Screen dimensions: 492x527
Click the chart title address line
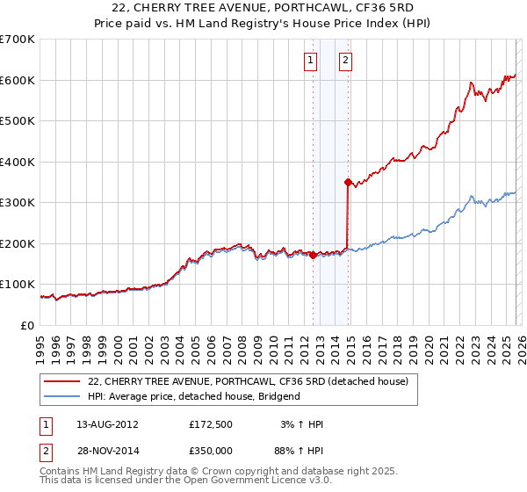[263, 7]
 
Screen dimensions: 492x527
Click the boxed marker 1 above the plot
[311, 61]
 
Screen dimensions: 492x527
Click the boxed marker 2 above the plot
[345, 61]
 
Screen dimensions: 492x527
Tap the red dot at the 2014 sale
[348, 183]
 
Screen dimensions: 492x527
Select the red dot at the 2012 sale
[313, 255]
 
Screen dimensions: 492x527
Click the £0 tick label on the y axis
[27, 325]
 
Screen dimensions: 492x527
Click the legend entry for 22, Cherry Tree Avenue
[248, 382]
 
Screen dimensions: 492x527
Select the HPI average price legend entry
[193, 396]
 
